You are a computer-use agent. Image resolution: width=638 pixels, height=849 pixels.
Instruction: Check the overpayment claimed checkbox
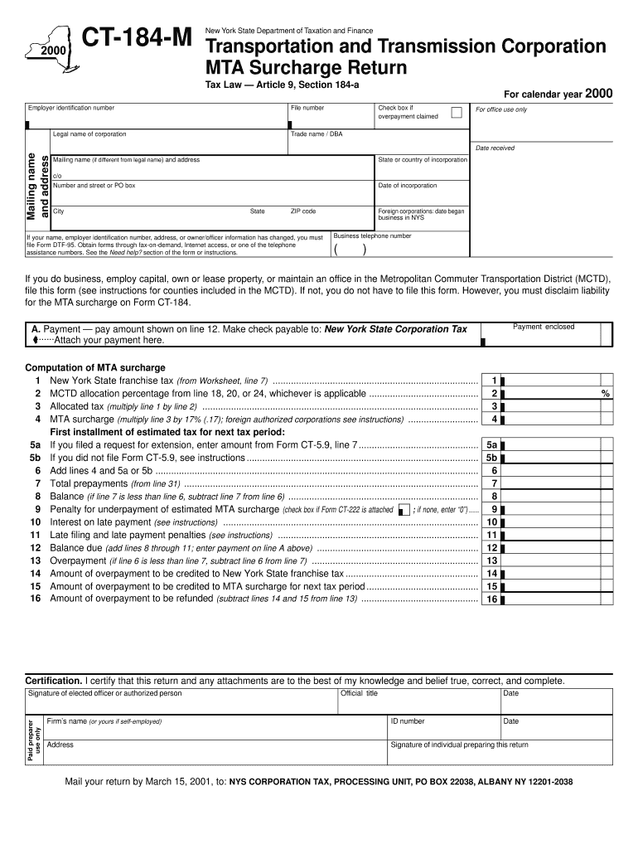click(456, 112)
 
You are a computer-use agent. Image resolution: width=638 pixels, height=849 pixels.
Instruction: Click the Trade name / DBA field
click(377, 143)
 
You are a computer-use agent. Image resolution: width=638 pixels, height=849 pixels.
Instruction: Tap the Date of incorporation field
click(422, 194)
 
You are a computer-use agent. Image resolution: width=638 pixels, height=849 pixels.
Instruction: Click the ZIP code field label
click(302, 211)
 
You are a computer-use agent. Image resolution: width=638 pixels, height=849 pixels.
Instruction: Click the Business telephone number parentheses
click(351, 250)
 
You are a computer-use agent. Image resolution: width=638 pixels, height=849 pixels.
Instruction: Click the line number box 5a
click(491, 444)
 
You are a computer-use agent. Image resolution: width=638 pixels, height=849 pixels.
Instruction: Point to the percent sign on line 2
click(606, 394)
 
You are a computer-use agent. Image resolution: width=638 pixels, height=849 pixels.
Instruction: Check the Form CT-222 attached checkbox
click(404, 510)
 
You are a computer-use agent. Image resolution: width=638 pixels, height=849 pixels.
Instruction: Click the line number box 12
click(491, 548)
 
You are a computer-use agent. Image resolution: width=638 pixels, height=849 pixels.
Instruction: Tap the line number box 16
click(491, 599)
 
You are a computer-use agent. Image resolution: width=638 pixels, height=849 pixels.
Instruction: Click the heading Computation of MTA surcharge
click(95, 367)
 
